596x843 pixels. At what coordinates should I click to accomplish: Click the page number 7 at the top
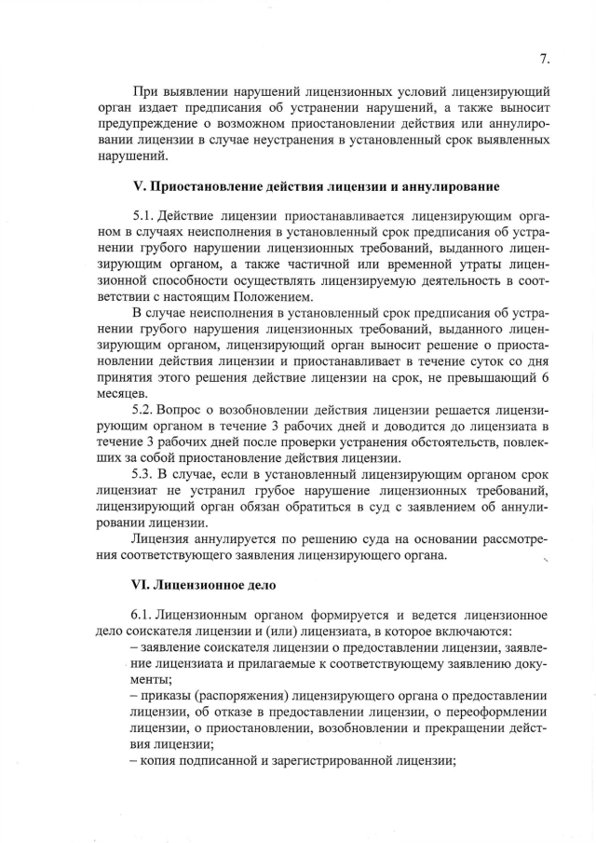point(544,60)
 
